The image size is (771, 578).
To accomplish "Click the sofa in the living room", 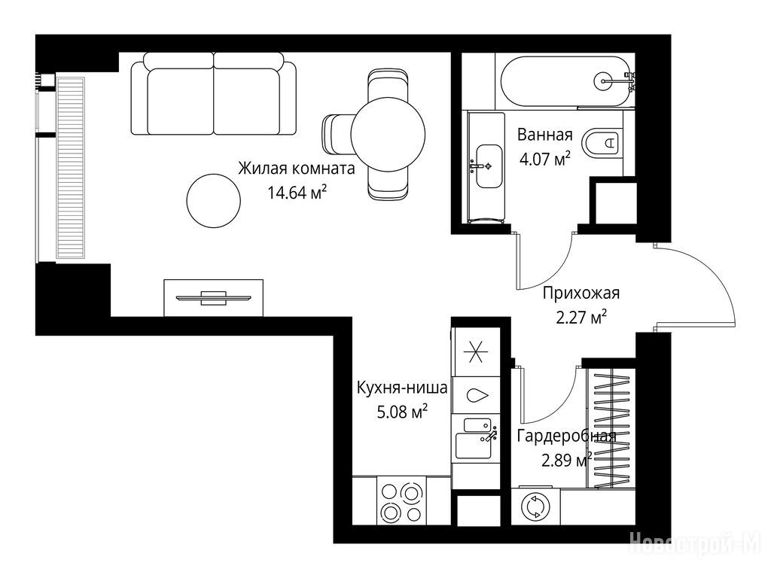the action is point(214,93).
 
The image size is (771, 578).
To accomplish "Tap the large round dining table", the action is point(388,134).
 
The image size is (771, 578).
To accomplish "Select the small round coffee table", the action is point(214,200).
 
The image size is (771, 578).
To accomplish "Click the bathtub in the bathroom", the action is point(565,81).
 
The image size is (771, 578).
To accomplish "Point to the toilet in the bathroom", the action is point(602,143).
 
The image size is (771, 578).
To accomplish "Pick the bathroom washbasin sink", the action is point(489,166).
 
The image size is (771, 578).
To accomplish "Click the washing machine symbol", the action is point(535,507).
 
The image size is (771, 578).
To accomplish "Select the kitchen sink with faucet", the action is point(477,437).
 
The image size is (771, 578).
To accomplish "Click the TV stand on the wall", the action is point(213,297).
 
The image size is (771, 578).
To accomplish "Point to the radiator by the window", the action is point(72,167).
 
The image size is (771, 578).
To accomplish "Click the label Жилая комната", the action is point(297,169).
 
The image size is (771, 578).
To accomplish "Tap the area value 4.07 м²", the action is point(545,159).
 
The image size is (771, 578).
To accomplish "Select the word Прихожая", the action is point(581,294).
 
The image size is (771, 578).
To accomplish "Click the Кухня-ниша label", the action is point(402,388).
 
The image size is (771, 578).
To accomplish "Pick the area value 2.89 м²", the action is point(566,461).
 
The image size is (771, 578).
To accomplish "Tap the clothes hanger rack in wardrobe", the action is point(612,428).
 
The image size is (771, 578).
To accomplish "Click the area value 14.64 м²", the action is point(297,192).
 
